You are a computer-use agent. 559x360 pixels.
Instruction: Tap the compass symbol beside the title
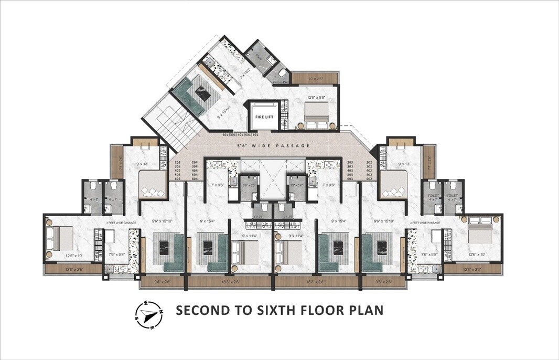149,314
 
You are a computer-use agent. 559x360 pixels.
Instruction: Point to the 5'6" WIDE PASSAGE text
273,145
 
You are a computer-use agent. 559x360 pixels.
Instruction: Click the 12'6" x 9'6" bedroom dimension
317,97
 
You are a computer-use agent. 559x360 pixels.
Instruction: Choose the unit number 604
195,179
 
